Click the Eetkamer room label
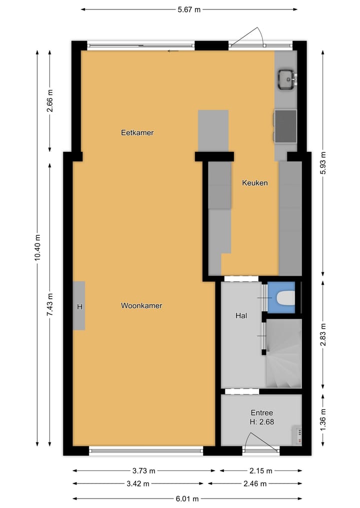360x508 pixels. coord(137,133)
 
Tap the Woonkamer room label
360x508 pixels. coord(141,306)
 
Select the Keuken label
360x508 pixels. coord(255,183)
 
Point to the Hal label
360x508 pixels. coord(241,316)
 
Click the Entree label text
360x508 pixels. coord(262,413)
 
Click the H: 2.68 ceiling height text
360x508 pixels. coord(262,422)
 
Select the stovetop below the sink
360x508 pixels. coord(285,126)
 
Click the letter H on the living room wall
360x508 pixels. coord(79,307)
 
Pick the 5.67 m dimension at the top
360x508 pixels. coord(189,9)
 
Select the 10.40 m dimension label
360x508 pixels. coord(37,248)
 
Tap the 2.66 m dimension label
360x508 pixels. coord(49,101)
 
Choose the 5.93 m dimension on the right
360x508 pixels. coord(322,162)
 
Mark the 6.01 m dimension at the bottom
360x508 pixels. coord(187,499)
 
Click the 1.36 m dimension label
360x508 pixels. coord(322,419)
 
